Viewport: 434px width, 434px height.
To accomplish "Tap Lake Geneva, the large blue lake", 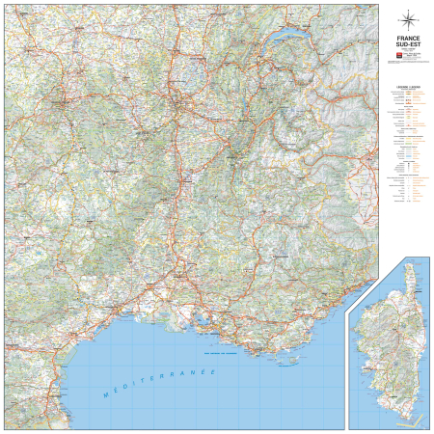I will coord(289,38).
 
